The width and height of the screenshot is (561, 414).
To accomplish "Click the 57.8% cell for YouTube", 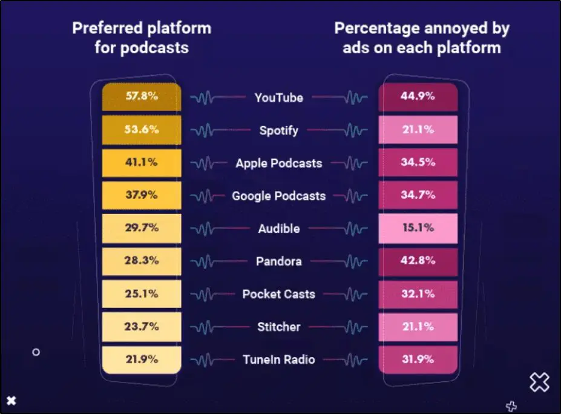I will pos(142,97).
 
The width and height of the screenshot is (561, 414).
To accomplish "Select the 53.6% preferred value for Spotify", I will pos(142,130).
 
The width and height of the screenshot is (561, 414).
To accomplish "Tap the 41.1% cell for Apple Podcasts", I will pos(142,162).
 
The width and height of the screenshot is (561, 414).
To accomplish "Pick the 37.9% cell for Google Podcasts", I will pos(142,195).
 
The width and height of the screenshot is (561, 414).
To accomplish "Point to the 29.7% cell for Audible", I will pos(142,228).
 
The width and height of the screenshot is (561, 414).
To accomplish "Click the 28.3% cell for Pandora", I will pos(142,261).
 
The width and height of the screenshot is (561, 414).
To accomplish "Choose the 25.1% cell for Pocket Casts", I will pos(142,293).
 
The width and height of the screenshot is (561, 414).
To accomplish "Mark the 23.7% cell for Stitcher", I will pos(142,326).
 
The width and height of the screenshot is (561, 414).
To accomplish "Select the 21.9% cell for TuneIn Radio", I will pos(142,359).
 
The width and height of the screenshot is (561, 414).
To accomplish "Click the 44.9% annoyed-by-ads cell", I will pos(418,97).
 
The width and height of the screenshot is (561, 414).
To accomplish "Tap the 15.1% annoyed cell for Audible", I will pos(418,228).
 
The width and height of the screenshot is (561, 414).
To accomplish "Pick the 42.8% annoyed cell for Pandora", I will pos(418,261).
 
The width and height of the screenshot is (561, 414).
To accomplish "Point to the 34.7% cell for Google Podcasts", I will pos(418,195).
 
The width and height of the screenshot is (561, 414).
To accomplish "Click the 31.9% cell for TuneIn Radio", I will pos(418,359).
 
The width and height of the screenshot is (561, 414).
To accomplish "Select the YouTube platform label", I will pos(278,98).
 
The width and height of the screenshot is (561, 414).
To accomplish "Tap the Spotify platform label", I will pos(278,130).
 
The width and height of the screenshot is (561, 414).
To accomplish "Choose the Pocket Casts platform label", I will pos(278,294).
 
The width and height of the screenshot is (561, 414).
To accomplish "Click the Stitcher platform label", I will pos(278,327).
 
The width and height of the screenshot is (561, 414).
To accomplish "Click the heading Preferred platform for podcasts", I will pos(142,38).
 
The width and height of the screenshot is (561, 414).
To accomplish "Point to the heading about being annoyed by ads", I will pos(422,38).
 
